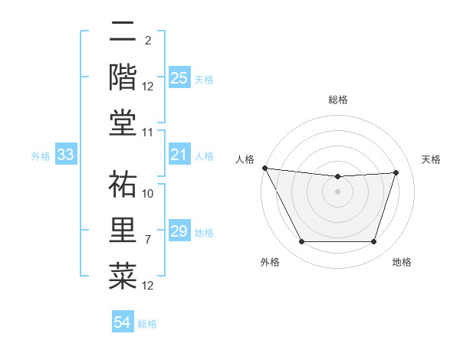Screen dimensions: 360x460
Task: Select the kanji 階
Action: pyautogui.click(x=123, y=77)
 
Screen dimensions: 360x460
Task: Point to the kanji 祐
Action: pyautogui.click(x=123, y=184)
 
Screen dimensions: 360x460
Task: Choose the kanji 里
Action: pyautogui.click(x=123, y=229)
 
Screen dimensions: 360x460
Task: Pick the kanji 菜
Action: pyautogui.click(x=123, y=273)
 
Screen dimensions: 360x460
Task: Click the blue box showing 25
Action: pyautogui.click(x=179, y=78)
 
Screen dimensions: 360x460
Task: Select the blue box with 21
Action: pyautogui.click(x=179, y=155)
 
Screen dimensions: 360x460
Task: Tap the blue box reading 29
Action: pyautogui.click(x=179, y=231)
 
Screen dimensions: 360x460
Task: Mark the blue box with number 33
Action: pyautogui.click(x=65, y=155)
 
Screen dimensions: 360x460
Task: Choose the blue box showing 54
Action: pyautogui.click(x=123, y=322)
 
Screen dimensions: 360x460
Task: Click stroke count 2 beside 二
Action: pyautogui.click(x=147, y=41)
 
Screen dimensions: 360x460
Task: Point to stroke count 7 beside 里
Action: pyautogui.click(x=148, y=240)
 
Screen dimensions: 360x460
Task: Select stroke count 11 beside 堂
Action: pyautogui.click(x=148, y=133)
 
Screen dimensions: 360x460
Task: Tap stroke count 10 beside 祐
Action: pyautogui.click(x=148, y=194)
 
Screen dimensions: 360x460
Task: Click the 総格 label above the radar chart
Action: pyautogui.click(x=337, y=100)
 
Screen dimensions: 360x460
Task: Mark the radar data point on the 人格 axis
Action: pyautogui.click(x=264, y=168)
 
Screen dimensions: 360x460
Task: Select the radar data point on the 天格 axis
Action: pyautogui.click(x=396, y=172)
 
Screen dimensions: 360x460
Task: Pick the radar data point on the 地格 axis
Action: pyautogui.click(x=374, y=242)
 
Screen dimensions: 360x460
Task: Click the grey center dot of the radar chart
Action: pyautogui.click(x=337, y=191)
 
